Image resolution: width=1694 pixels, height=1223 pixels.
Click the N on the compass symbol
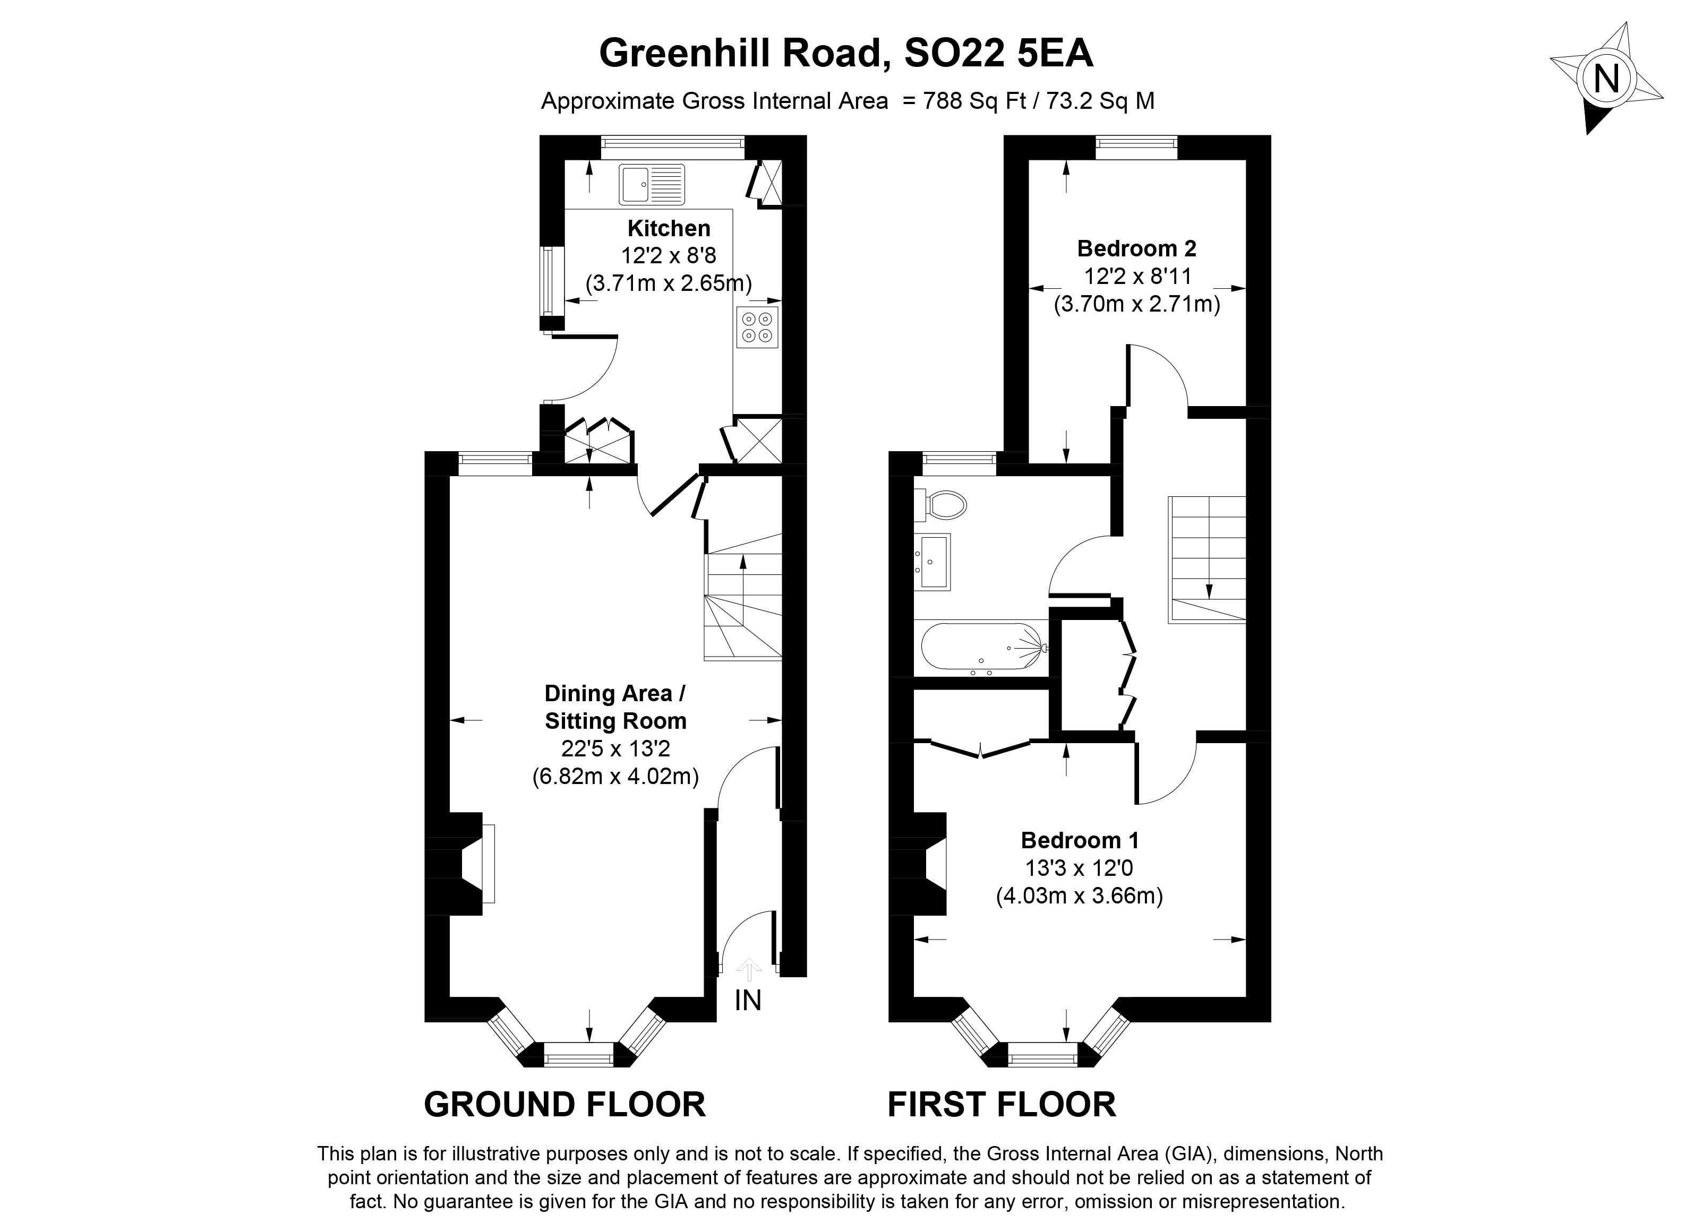[1606, 79]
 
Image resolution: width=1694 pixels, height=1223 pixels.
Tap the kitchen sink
[651, 184]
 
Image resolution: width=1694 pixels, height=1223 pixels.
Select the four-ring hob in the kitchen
[757, 327]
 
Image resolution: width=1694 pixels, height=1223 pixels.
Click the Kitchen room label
[669, 228]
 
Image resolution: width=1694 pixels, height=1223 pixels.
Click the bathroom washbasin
[933, 562]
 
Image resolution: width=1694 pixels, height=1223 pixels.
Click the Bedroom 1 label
[1079, 841]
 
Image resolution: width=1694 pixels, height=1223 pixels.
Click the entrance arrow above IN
[748, 970]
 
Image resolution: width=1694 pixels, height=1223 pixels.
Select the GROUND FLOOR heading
[564, 1104]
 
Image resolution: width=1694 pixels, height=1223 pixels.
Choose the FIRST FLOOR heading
[1001, 1104]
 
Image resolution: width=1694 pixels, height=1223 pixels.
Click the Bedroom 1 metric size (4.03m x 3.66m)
[1079, 895]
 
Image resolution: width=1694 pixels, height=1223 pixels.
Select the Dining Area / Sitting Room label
[615, 707]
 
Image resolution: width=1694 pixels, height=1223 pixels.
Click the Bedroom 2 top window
[1136, 147]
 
